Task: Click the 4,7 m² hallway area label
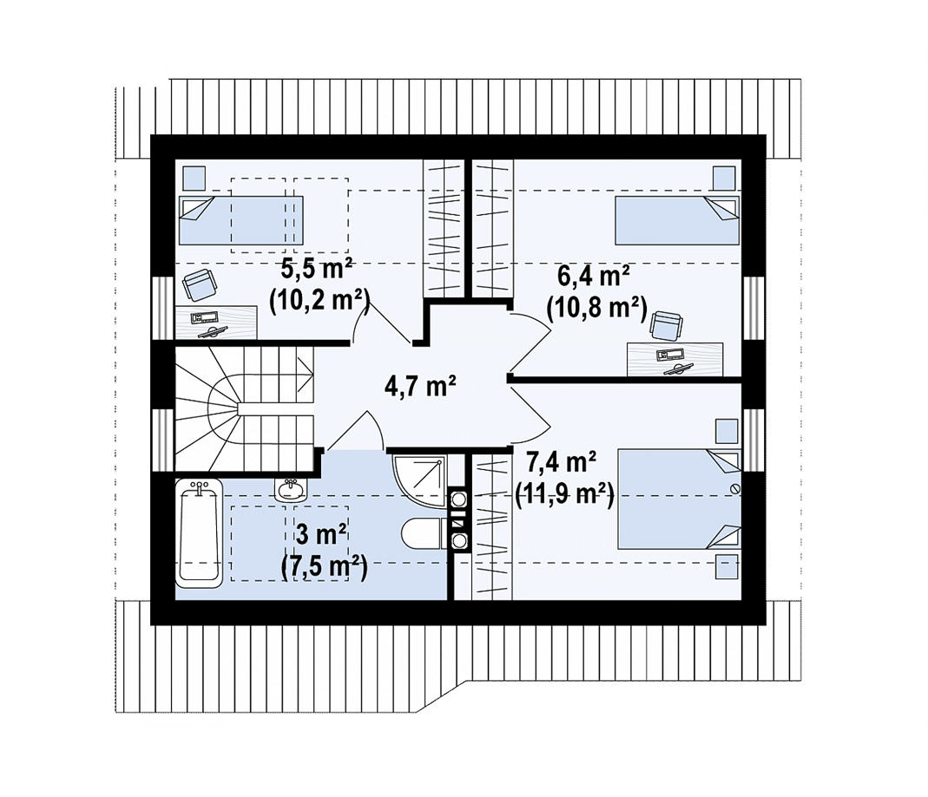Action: pos(419,387)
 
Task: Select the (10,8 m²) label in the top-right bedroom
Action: pos(596,307)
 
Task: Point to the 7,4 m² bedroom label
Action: pos(561,461)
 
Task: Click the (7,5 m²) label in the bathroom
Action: pos(324,567)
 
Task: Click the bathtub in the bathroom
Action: pos(200,533)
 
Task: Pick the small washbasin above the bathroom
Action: pos(291,488)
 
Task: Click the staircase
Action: pos(244,408)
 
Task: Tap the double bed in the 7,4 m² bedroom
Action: pos(679,499)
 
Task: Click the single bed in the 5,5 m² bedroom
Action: pos(240,220)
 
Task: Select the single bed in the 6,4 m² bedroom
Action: pos(677,220)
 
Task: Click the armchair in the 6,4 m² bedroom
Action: pos(667,326)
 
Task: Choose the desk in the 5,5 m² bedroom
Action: pos(217,323)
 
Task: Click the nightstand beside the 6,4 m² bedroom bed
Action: pos(723,178)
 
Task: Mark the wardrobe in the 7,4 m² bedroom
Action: pos(492,527)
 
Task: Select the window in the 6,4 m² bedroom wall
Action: pos(754,308)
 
